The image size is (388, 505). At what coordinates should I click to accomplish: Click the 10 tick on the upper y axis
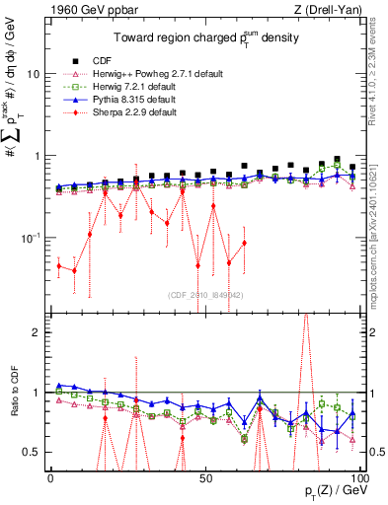click(32, 74)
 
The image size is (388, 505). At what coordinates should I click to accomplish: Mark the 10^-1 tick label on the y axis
click(30, 238)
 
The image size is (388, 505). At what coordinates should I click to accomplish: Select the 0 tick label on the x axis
click(50, 476)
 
